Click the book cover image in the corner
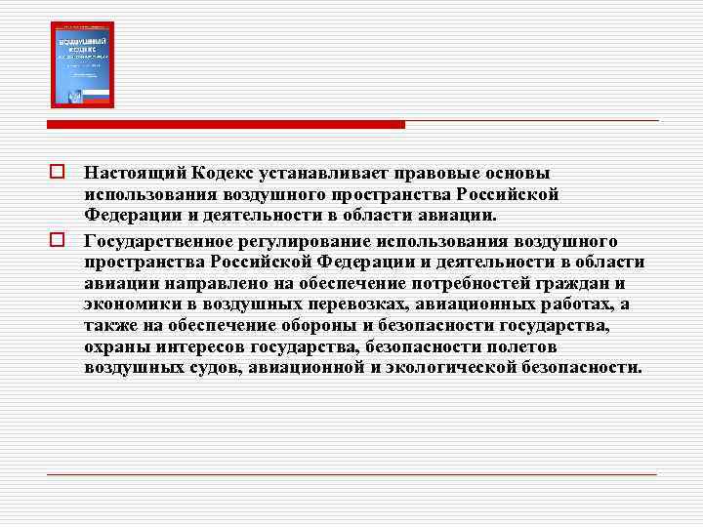point(82,64)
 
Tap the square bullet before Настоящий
point(59,173)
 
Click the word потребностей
point(470,284)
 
